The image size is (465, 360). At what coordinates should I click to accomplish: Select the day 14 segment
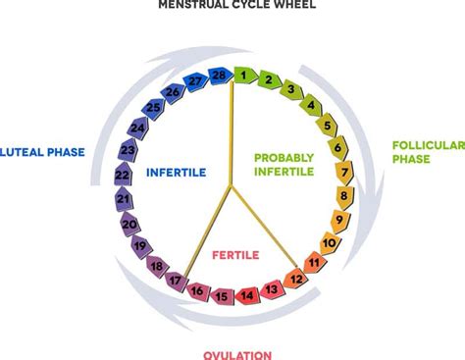tap(247, 294)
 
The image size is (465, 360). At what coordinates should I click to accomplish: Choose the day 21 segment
tap(124, 199)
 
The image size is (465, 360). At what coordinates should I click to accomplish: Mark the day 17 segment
tap(175, 281)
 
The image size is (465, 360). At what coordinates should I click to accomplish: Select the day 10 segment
tap(331, 242)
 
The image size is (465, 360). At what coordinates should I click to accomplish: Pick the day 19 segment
tap(139, 245)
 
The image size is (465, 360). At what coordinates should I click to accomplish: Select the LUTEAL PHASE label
tap(43, 152)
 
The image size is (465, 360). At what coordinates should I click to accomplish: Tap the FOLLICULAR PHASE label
tap(426, 152)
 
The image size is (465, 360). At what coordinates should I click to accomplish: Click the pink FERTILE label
tap(235, 255)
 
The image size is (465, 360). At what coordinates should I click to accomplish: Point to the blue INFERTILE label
tap(176, 172)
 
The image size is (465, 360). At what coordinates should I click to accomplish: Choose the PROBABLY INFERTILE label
tap(284, 164)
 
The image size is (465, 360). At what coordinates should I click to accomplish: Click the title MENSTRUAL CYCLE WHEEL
tap(232, 6)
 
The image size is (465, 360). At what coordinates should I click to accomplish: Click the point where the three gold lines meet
tap(232, 185)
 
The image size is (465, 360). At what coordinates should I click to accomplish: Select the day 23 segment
tap(128, 151)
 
